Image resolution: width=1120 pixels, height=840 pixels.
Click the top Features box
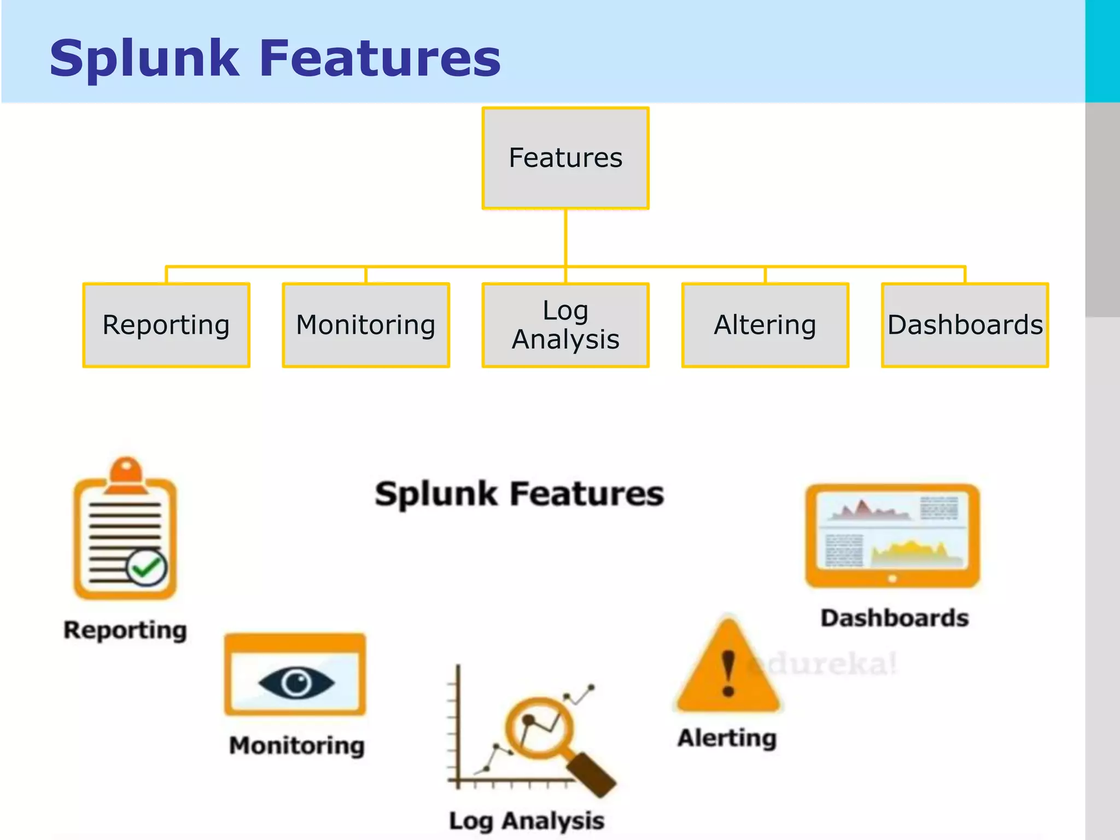[x=565, y=158]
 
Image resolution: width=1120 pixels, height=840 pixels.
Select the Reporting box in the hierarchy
[x=166, y=325]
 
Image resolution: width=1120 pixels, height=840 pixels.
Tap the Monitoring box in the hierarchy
[x=366, y=325]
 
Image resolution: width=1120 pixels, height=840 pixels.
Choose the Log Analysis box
[x=565, y=325]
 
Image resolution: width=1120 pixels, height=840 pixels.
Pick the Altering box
[x=765, y=325]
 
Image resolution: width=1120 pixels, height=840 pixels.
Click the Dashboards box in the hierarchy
[x=965, y=325]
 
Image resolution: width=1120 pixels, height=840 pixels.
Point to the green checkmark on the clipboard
[x=147, y=568]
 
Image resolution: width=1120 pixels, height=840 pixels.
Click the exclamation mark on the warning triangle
[x=728, y=673]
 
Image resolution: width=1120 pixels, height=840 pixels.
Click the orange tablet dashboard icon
[x=892, y=536]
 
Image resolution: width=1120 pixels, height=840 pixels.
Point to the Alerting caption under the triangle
[x=727, y=738]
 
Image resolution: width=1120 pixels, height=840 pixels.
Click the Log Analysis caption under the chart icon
[x=527, y=821]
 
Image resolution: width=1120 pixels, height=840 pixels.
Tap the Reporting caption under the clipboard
[x=125, y=630]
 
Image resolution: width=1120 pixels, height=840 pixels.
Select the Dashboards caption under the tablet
[x=895, y=618]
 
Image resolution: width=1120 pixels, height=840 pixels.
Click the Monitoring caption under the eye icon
[x=297, y=745]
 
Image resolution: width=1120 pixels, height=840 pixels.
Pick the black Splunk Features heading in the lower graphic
[x=519, y=494]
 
